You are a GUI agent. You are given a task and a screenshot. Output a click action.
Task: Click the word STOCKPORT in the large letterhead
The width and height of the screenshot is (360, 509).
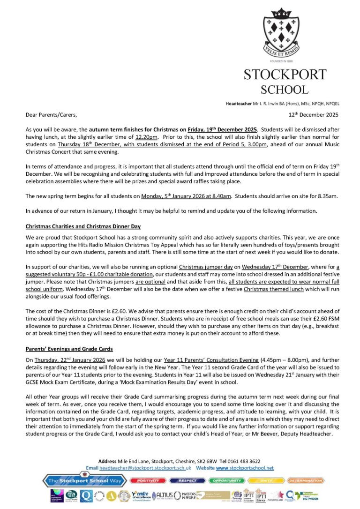(x=285, y=75)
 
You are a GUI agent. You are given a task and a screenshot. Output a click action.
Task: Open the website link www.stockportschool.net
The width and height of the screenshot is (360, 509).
(x=245, y=468)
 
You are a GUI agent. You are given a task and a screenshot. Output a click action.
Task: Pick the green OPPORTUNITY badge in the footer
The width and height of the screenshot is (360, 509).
(x=227, y=480)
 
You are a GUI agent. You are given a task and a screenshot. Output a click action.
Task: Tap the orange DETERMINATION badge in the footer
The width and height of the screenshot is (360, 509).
(x=305, y=480)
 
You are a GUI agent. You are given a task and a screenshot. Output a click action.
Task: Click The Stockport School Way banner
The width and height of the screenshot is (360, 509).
(x=85, y=481)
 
